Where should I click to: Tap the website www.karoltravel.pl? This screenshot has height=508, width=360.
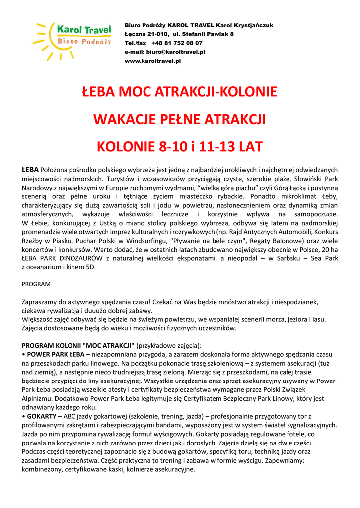(152, 61)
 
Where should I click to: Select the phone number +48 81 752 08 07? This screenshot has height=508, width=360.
(177, 43)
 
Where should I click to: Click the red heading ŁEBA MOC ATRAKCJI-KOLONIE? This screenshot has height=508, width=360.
(180, 92)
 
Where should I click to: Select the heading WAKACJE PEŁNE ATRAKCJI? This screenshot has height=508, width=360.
(180, 120)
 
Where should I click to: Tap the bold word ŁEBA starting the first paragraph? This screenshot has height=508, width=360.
(30, 169)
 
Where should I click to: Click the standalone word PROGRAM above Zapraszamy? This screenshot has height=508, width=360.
(36, 284)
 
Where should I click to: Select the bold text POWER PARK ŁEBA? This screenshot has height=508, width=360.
(56, 355)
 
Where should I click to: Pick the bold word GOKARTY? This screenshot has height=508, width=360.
(42, 416)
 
